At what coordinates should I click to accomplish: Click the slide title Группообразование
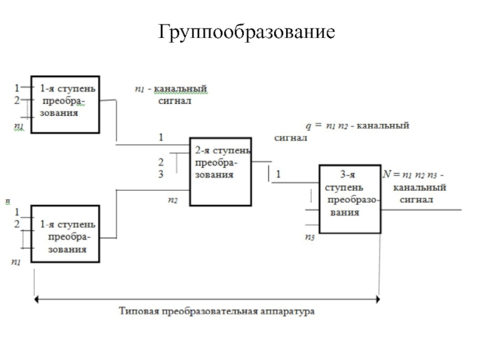click(x=245, y=31)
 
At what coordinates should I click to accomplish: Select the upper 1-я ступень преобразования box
click(x=65, y=104)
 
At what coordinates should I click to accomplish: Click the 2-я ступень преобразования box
click(x=220, y=170)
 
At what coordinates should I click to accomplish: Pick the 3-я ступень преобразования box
click(x=349, y=198)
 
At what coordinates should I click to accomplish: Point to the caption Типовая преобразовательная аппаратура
click(x=217, y=311)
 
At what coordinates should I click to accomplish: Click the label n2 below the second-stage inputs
click(x=172, y=200)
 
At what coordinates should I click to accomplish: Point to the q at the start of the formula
click(x=308, y=127)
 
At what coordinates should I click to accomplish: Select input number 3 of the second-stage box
click(x=161, y=175)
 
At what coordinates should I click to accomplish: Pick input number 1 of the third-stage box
click(x=279, y=175)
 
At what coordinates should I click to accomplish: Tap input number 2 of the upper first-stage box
click(x=17, y=100)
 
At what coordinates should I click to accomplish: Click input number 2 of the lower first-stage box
click(x=17, y=223)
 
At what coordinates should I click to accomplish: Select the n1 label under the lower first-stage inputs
click(x=16, y=262)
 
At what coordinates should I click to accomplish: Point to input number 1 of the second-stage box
click(x=161, y=137)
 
